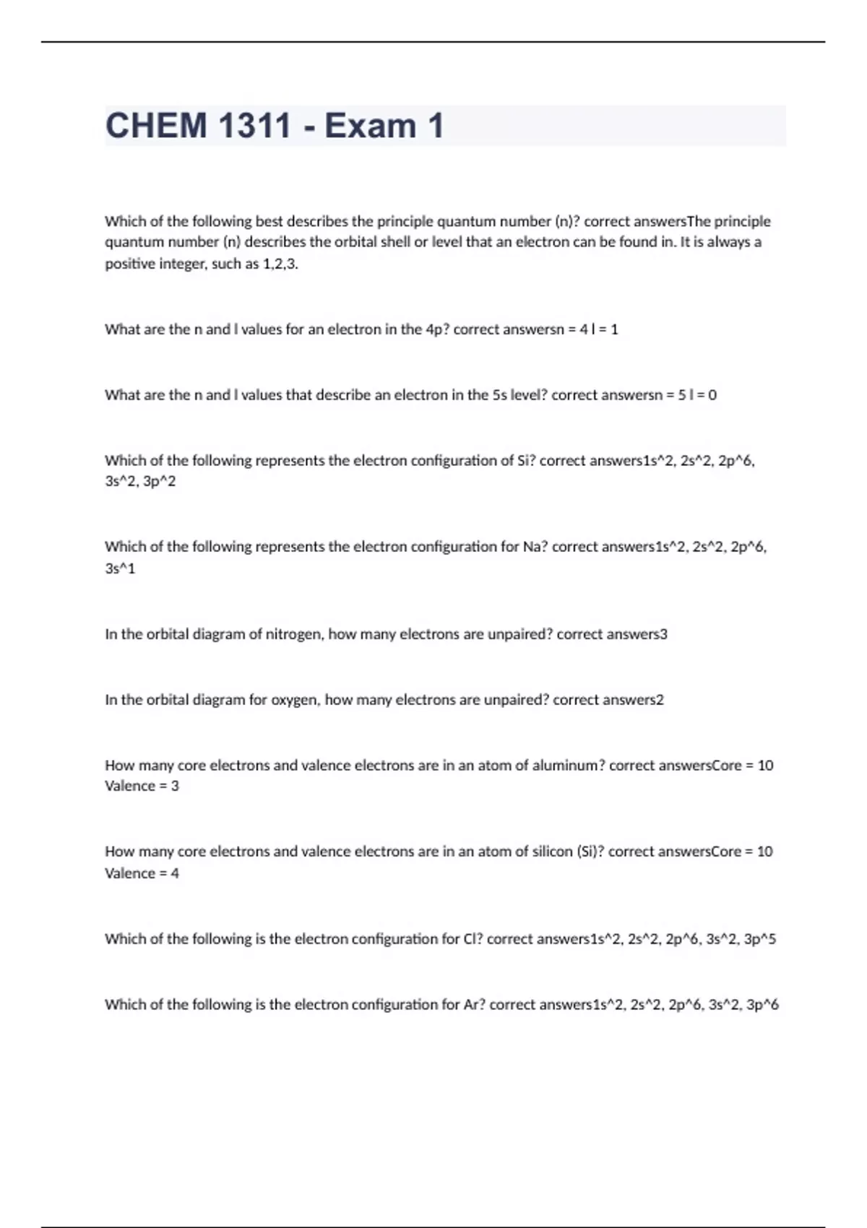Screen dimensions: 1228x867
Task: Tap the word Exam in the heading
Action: pos(370,126)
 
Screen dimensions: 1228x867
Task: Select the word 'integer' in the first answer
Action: pos(182,264)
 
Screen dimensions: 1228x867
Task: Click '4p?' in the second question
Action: pos(437,329)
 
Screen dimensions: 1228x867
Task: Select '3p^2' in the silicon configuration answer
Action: pos(159,481)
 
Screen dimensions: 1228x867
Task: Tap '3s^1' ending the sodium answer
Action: pos(120,568)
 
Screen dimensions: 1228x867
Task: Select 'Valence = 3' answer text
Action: pos(142,786)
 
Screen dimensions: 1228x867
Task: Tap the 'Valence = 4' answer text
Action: pos(142,873)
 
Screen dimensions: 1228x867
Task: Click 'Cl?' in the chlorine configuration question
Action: pos(473,939)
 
